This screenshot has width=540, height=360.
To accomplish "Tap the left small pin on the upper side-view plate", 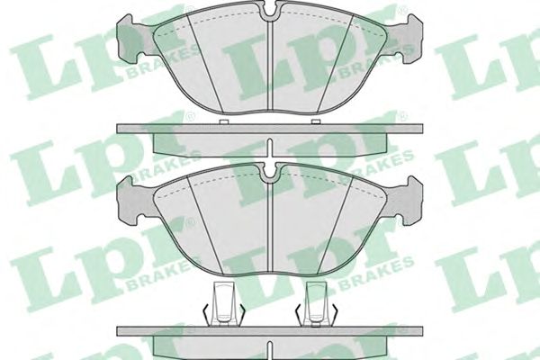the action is [224, 121].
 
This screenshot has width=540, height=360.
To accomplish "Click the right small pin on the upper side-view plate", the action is [316, 121].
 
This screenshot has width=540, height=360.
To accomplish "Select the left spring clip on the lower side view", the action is [224, 304].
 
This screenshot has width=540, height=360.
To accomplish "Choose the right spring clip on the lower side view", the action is [316, 304].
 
